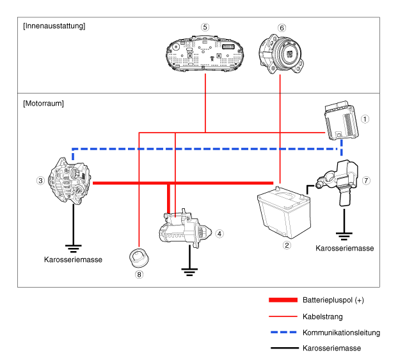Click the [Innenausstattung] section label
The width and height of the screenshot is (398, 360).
point(54,26)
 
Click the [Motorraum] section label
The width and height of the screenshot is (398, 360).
point(44,103)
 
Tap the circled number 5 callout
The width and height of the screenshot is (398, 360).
point(205,27)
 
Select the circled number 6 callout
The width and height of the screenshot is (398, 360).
point(282,28)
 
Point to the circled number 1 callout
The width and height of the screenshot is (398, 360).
point(365,119)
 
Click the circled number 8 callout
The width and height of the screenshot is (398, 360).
point(139,275)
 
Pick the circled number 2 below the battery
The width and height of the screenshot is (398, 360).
point(287,245)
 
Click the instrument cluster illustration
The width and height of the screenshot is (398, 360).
point(205,54)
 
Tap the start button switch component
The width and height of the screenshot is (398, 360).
point(281,54)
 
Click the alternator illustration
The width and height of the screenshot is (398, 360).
point(70,181)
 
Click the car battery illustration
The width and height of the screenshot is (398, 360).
point(284,213)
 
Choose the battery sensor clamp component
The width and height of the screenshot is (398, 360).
point(338,182)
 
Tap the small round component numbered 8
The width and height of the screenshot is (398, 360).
point(139,258)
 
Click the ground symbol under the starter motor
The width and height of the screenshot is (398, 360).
point(189,272)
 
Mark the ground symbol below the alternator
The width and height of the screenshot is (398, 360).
point(74,249)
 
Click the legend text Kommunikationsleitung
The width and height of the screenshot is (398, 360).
point(342,332)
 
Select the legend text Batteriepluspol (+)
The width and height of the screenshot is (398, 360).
point(333,300)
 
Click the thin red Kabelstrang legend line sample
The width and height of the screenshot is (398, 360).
point(283,316)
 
